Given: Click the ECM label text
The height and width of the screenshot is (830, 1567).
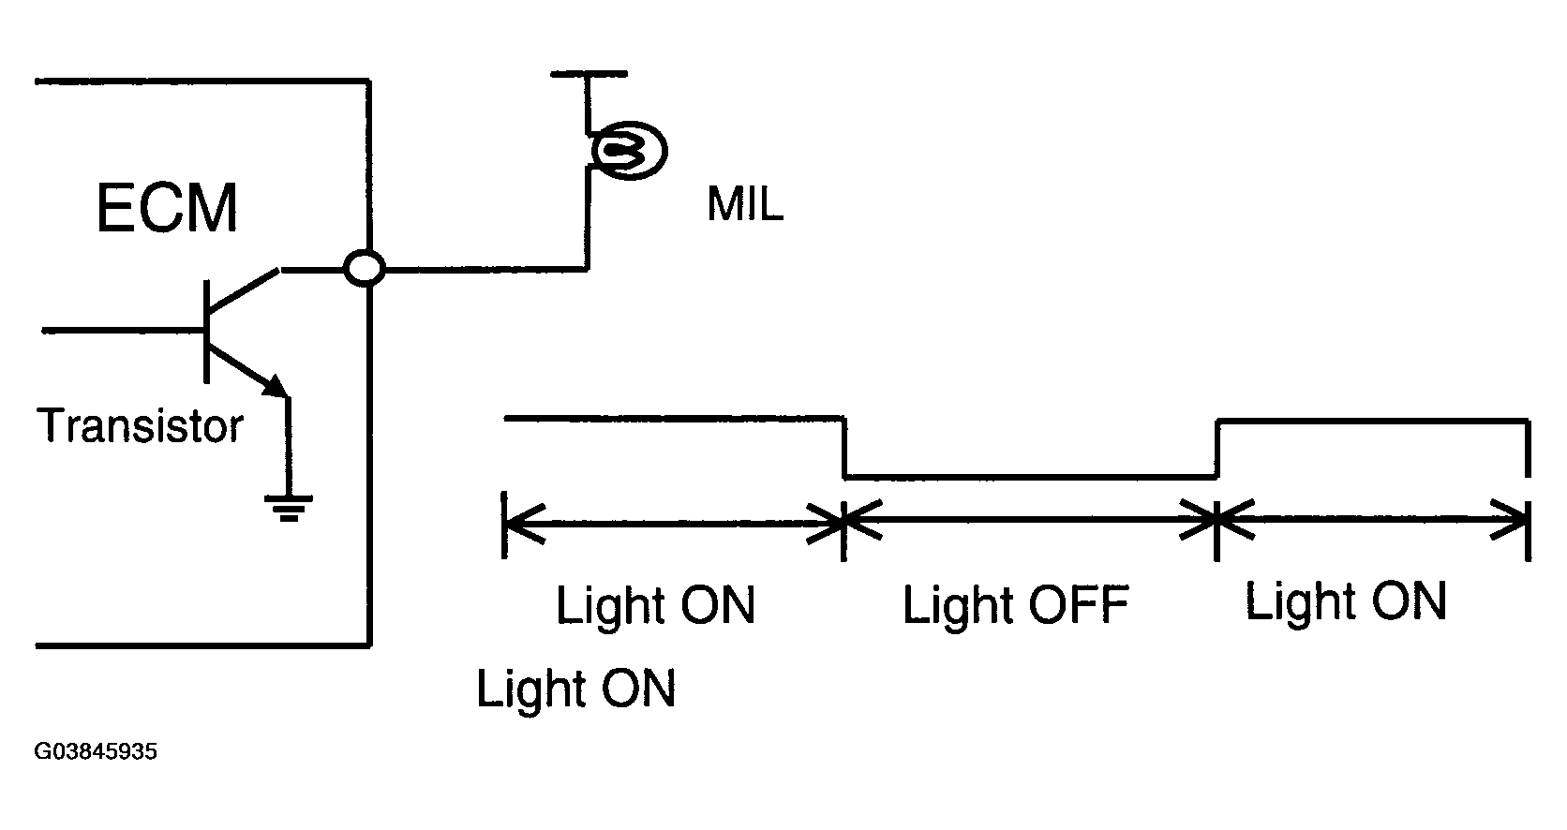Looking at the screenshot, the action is tap(167, 207).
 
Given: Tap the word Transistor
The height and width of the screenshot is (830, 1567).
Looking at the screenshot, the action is tap(140, 425).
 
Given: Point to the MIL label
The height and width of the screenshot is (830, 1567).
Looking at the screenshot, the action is tap(745, 204).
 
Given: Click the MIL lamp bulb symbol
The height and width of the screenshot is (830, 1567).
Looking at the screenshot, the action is tap(629, 150).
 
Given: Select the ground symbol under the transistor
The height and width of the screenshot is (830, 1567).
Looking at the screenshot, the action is tap(289, 509).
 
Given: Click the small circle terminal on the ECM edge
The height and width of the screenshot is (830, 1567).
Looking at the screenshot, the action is tap(365, 268).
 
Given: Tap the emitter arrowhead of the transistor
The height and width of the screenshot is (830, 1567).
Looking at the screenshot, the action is tap(276, 386).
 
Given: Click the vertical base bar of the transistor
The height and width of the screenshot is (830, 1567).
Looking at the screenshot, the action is tap(206, 332).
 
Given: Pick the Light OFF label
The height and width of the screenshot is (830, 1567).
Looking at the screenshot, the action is tap(1015, 604).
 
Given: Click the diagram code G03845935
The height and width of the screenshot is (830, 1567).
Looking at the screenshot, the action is tap(96, 751).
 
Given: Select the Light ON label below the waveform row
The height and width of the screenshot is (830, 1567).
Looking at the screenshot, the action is tap(575, 689).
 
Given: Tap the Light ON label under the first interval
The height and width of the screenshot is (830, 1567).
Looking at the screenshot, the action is tap(655, 605).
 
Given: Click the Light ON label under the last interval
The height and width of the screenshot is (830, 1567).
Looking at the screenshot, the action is tap(1345, 601).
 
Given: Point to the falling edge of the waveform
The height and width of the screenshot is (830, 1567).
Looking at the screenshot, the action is tap(844, 448).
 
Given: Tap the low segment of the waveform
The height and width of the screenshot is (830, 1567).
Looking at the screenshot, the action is tap(1031, 478).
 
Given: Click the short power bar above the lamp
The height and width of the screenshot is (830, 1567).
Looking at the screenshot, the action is tap(589, 73).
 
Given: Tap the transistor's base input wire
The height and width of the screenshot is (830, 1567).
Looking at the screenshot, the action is tap(123, 331).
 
